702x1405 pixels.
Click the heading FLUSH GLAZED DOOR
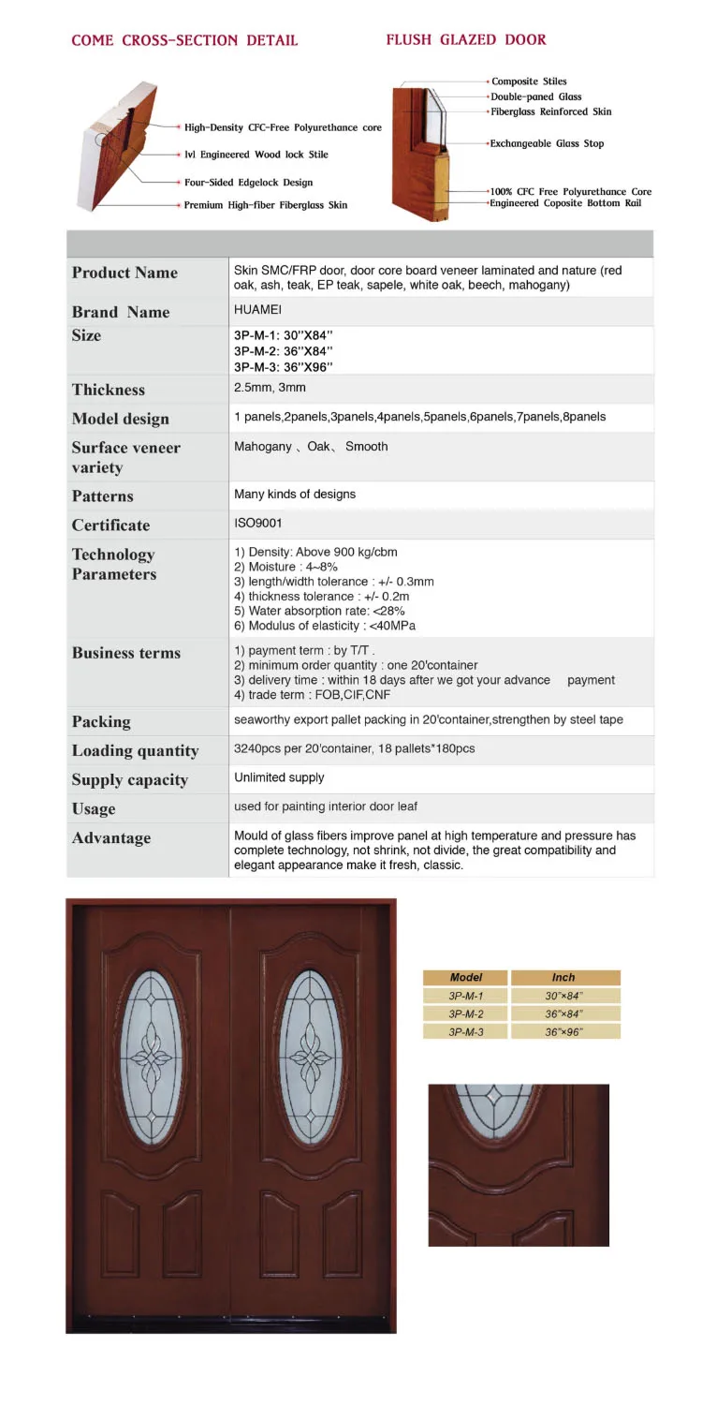point(466,39)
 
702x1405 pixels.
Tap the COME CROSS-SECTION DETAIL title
point(184,40)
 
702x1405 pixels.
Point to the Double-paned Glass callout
point(536,96)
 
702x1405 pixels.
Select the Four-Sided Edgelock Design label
point(248,183)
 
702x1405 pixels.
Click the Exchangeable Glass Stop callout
point(547,143)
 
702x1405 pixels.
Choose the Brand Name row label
point(121,312)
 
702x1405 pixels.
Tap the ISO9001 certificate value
point(257,524)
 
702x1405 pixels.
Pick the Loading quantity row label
point(136,750)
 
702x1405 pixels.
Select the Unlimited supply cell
point(279,777)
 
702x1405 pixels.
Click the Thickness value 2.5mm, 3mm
point(270,388)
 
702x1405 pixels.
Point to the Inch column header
point(563,977)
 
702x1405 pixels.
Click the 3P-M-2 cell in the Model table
point(465,1013)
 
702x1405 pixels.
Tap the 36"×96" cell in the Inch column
point(563,1031)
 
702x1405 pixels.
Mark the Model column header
point(465,977)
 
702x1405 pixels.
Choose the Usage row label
point(94,808)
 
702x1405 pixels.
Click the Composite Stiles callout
point(529,81)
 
